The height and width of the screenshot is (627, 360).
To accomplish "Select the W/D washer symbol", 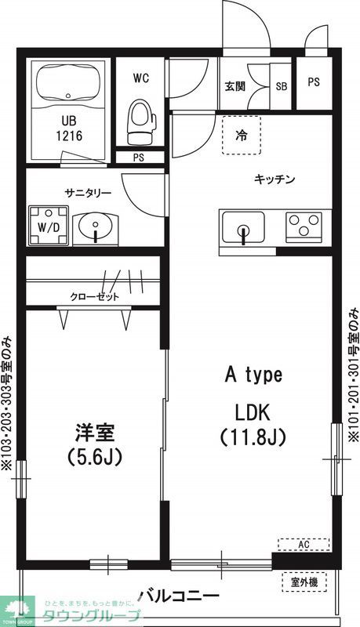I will coord(48,226).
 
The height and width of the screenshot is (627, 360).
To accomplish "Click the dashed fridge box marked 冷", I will coord(241,135).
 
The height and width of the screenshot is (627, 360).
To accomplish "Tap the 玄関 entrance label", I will coord(234,87).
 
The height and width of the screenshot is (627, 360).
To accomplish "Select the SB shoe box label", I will coord(281,87).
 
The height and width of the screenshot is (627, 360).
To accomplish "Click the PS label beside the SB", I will coord(314,82).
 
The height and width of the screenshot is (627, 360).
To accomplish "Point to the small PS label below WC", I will coord(138,157).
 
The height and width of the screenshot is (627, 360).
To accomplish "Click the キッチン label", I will coord(275,179).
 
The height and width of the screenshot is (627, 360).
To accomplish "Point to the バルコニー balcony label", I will coord(180,596).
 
